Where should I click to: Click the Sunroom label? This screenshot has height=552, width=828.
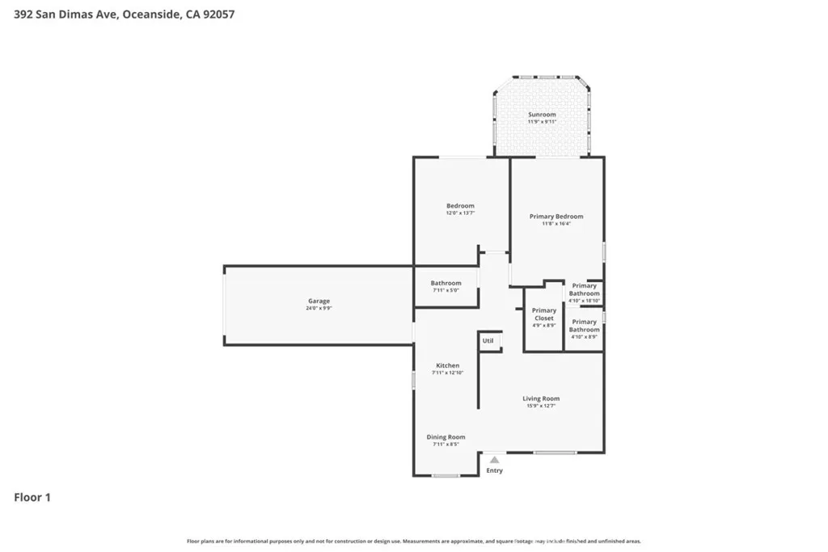542,115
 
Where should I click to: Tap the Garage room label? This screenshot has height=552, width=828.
319,301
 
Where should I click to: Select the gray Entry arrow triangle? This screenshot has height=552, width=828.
494,460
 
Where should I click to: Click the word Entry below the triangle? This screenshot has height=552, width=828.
494,470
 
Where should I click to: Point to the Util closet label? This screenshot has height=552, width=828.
488,341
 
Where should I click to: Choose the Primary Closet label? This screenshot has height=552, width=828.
544,314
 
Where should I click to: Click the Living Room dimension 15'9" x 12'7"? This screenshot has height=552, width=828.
541,406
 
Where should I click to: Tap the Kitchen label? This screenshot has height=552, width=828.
447,365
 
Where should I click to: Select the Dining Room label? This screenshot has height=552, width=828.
446,437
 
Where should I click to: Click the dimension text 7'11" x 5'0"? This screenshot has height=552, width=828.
446,290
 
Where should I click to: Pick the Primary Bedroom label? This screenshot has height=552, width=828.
556,217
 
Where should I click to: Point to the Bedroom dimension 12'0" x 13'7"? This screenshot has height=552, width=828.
460,213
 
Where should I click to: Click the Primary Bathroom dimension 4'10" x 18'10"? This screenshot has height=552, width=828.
584,301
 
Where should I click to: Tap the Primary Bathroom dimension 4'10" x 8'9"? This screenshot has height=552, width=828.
584,337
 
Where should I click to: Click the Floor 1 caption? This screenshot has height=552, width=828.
32,498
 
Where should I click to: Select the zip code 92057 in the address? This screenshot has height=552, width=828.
218,14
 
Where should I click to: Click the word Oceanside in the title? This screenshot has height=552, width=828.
150,14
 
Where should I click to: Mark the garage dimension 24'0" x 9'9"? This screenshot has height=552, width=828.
319,309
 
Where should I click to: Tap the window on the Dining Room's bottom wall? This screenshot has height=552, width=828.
446,475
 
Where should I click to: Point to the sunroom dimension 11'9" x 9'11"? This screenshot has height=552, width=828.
542,122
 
